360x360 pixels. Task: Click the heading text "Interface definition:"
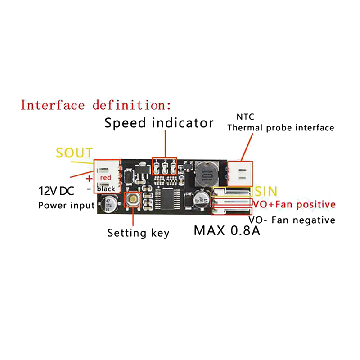pyautogui.click(x=96, y=106)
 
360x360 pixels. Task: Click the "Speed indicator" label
pyautogui.click(x=159, y=123)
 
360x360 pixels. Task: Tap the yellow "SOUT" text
pyautogui.click(x=74, y=153)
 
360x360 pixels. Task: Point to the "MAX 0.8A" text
pyautogui.click(x=228, y=231)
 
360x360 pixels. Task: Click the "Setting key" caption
pyautogui.click(x=138, y=233)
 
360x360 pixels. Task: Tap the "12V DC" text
pyautogui.click(x=56, y=191)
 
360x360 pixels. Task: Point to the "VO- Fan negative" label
pyautogui.click(x=292, y=220)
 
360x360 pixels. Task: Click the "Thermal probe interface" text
pyautogui.click(x=281, y=128)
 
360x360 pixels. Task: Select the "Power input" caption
pyautogui.click(x=66, y=206)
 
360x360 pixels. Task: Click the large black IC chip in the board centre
pyautogui.click(x=170, y=198)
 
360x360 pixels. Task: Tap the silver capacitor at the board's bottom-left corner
pyautogui.click(x=109, y=202)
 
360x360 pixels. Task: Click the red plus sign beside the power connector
pyautogui.click(x=89, y=179)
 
